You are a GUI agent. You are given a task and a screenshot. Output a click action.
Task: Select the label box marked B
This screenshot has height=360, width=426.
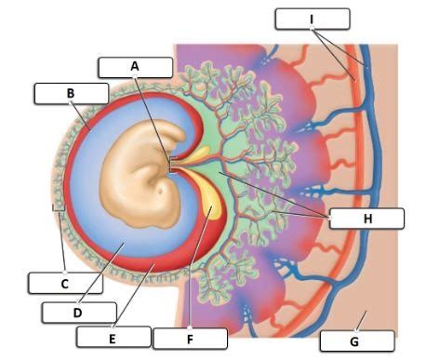point(70,93)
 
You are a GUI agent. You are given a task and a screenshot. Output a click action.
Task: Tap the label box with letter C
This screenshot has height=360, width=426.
point(62,281)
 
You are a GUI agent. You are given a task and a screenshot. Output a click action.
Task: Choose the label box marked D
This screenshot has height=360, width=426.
point(79,312)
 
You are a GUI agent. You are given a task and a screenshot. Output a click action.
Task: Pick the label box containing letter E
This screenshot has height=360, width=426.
point(113,337)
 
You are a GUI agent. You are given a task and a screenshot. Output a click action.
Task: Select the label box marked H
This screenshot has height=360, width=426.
point(366,219)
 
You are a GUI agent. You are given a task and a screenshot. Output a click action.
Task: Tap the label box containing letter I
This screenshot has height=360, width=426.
point(313,18)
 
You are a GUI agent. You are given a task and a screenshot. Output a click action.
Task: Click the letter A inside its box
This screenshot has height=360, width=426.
point(135,67)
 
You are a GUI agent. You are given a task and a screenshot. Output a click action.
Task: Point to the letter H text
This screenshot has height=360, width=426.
point(366,219)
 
